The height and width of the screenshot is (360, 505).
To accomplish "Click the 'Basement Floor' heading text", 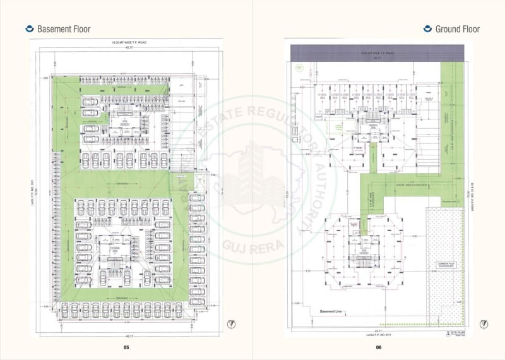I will click(x=64, y=29).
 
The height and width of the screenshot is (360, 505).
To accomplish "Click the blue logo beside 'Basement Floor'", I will click(x=28, y=28).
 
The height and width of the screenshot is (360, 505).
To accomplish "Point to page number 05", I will click(x=126, y=347).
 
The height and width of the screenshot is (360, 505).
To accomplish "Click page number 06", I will click(x=379, y=347).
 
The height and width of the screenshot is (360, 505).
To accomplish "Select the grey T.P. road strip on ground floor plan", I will click(x=379, y=54).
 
